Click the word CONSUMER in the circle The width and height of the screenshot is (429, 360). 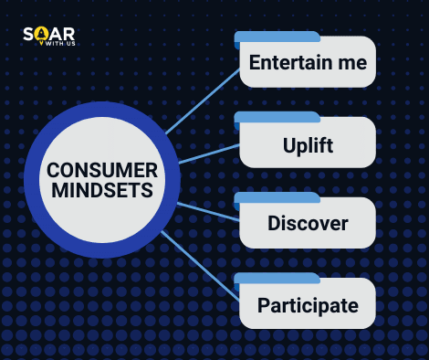pos(101,171)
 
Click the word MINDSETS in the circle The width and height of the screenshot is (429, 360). pos(101,191)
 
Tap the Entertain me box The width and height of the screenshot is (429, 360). pos(307,64)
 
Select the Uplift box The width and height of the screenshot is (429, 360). pos(307,144)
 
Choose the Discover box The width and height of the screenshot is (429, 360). pos(307,224)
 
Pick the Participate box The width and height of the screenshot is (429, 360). pos(307,304)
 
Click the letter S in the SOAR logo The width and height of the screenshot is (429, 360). pos(28,34)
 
